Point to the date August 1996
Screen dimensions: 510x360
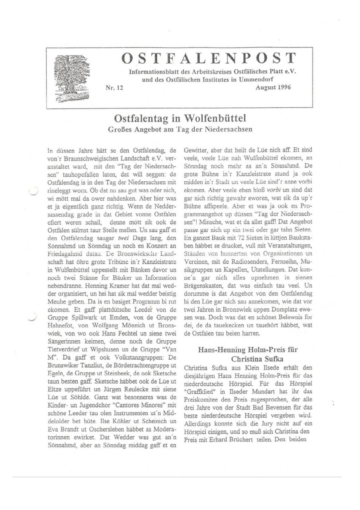click(x=273, y=87)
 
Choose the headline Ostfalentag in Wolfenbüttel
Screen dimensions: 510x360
click(x=180, y=118)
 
